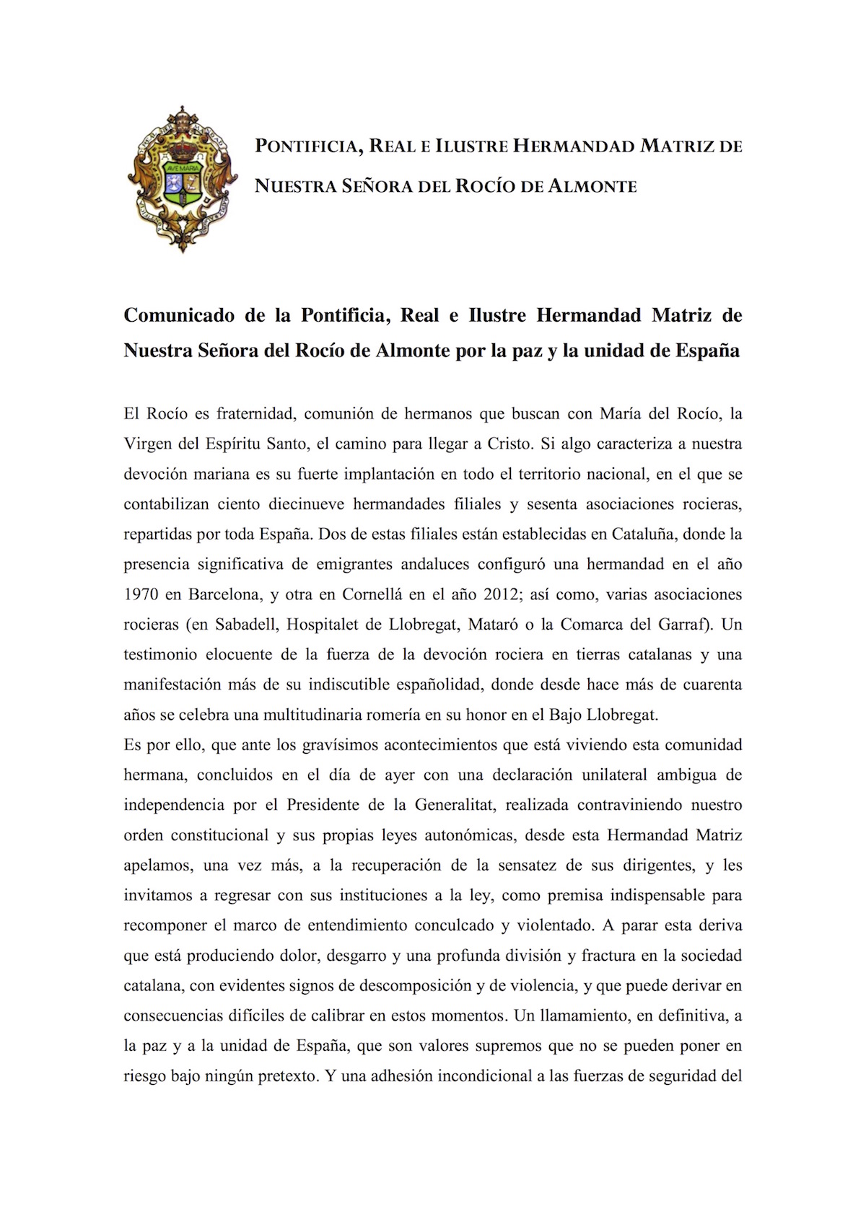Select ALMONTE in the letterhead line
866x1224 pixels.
click(592, 186)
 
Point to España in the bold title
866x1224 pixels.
click(707, 351)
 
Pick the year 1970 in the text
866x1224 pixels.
click(141, 594)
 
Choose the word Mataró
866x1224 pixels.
click(494, 624)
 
